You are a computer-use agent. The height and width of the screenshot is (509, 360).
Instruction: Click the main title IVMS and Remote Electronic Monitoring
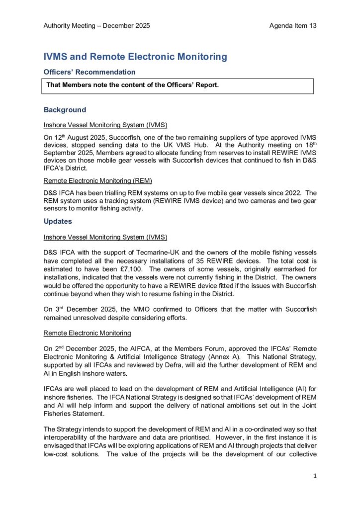point(135,57)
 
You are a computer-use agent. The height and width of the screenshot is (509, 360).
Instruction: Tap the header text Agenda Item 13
point(293,25)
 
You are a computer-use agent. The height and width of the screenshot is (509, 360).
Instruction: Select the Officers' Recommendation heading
point(90,72)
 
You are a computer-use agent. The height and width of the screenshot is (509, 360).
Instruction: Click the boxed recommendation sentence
point(132,85)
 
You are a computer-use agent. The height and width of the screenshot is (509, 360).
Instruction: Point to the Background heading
point(65,110)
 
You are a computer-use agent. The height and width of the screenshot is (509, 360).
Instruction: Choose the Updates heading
point(58,221)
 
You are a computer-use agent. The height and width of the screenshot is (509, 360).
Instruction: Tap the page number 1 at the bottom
point(315,476)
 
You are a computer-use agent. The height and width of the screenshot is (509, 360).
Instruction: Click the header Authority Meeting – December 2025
point(96,25)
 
